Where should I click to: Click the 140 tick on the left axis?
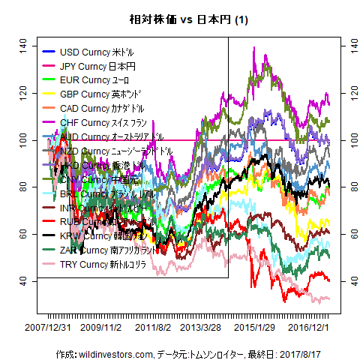click(x=22, y=46)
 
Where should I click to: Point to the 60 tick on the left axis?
click(x=22, y=233)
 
